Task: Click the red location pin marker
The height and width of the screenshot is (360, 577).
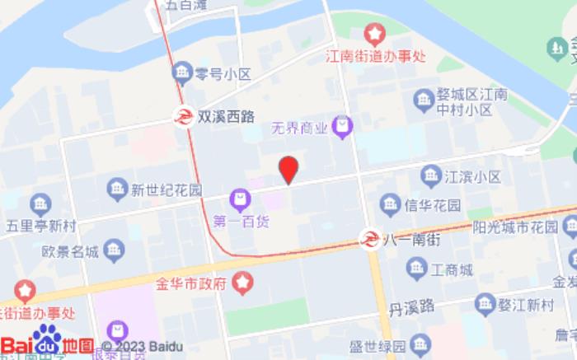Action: tap(288, 170)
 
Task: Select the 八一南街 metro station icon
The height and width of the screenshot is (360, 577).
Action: tap(372, 240)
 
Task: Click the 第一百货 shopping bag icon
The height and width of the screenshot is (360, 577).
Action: tap(240, 199)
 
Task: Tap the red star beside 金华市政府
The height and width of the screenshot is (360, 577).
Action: tap(242, 284)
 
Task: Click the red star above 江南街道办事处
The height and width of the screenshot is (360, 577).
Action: tap(375, 34)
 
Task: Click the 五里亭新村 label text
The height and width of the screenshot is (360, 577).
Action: tap(40, 224)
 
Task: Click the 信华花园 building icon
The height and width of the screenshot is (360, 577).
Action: tap(389, 203)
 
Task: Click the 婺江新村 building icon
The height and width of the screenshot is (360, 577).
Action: tap(483, 304)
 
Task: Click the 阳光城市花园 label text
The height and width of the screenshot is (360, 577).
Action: tap(516, 226)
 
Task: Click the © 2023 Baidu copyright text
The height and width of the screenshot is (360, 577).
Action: tap(142, 347)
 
